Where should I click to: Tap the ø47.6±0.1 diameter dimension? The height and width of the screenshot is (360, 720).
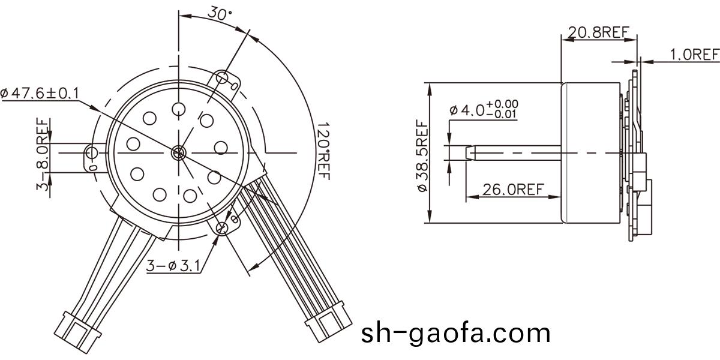pos(40,93)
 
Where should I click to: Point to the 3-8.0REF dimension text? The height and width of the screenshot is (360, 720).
pos(43,154)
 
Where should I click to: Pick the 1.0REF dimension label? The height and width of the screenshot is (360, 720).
pos(694,55)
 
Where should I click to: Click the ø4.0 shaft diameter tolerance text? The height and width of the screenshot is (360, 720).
pos(484,110)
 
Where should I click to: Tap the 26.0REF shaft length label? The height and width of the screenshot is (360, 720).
pos(513,190)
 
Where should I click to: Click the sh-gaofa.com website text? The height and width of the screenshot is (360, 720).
pos(455,332)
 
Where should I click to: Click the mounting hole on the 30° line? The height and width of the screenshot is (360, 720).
pos(223,77)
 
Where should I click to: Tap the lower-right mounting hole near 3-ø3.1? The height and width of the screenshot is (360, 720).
pos(223,227)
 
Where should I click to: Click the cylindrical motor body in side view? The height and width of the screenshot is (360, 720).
pos(591,153)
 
